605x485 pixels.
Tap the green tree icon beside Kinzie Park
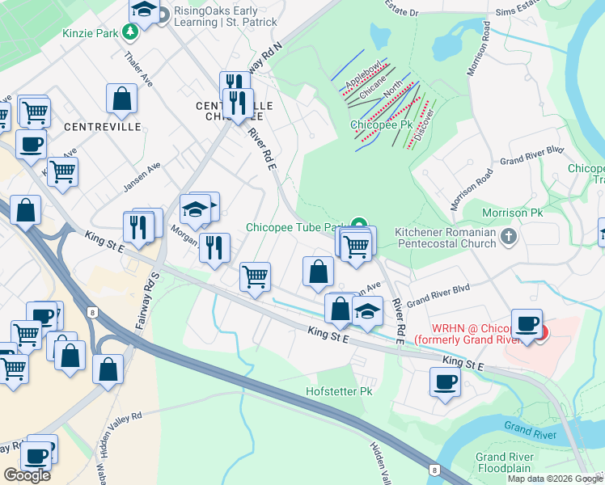(x=129, y=33)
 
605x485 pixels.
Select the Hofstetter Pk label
(x=338, y=391)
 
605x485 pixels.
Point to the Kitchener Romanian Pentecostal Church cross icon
(x=508, y=237)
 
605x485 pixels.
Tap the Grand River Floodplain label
(x=504, y=462)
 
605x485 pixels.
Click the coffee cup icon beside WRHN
(x=527, y=323)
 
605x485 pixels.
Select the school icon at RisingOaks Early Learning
(x=144, y=11)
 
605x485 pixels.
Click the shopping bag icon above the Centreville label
(x=121, y=99)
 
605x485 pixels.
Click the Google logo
(x=27, y=474)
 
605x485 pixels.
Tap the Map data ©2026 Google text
(x=554, y=479)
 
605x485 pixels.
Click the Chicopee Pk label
(x=381, y=125)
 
